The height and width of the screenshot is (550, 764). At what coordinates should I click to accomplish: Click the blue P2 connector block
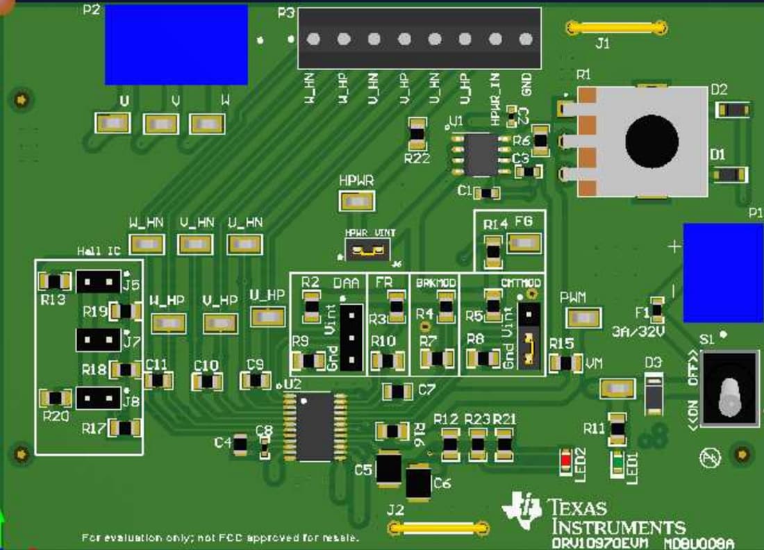(x=176, y=44)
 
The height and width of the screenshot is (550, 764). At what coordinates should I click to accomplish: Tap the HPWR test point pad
(x=357, y=202)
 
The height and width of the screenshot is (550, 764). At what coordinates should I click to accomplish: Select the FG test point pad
(x=524, y=242)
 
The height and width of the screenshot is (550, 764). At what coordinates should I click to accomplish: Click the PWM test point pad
(x=582, y=319)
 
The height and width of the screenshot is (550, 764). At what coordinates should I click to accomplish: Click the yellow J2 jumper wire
(x=436, y=528)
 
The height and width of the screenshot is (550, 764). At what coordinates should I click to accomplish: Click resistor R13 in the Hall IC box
(x=54, y=281)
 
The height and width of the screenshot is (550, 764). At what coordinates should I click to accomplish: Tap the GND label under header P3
(x=526, y=85)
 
